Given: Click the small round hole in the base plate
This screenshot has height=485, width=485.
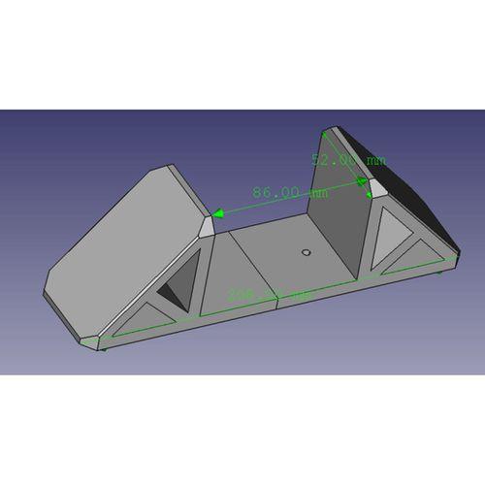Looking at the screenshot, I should (x=307, y=252).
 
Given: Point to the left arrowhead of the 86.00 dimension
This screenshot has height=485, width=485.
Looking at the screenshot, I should (x=219, y=212).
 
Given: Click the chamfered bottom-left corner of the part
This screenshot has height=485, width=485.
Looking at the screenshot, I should (x=93, y=340).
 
